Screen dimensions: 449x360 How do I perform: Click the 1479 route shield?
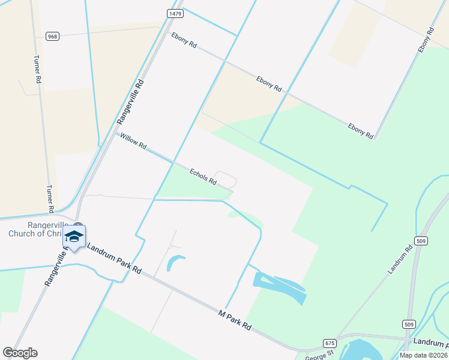click(175, 13)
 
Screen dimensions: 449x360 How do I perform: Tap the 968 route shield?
click(52, 36)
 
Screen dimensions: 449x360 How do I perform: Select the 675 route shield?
click(329, 342)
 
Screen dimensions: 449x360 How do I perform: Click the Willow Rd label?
click(133, 142)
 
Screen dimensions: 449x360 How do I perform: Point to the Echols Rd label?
click(203, 176)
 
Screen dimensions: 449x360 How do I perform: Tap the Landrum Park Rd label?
click(114, 259)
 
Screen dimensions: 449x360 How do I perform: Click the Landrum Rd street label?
click(400, 259)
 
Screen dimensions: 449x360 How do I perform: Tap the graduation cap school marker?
click(74, 236)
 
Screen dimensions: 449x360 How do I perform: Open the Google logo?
click(20, 353)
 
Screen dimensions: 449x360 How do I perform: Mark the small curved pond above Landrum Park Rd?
click(175, 262)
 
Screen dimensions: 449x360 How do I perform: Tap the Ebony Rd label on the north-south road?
click(426, 40)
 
